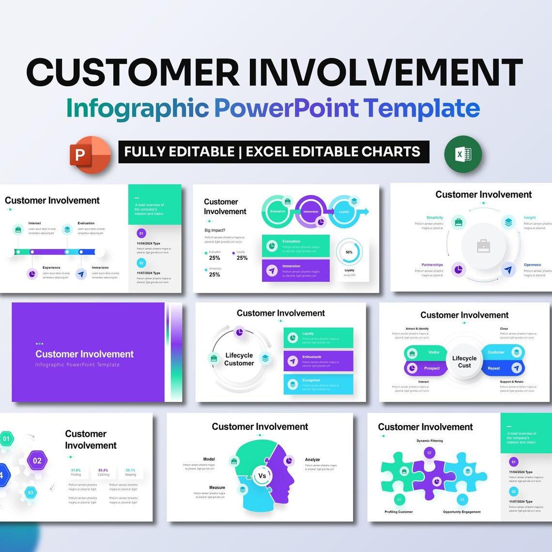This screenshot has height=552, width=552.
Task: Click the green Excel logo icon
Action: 462,154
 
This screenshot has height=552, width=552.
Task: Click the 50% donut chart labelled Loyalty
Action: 349,252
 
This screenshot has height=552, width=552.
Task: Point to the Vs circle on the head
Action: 262,475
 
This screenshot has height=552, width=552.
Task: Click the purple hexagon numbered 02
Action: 37,460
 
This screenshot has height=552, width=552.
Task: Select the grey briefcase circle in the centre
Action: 483,246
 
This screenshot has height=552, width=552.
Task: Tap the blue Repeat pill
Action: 503,368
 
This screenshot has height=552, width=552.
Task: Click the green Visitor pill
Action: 425,352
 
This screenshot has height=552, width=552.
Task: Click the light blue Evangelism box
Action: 318,384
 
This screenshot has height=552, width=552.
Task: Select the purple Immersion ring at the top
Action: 311,211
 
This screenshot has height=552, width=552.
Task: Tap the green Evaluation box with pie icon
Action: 295,245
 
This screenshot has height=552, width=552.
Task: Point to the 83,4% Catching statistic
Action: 103,472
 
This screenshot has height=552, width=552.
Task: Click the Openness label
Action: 532,265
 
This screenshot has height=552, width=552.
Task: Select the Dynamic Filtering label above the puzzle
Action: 429,441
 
